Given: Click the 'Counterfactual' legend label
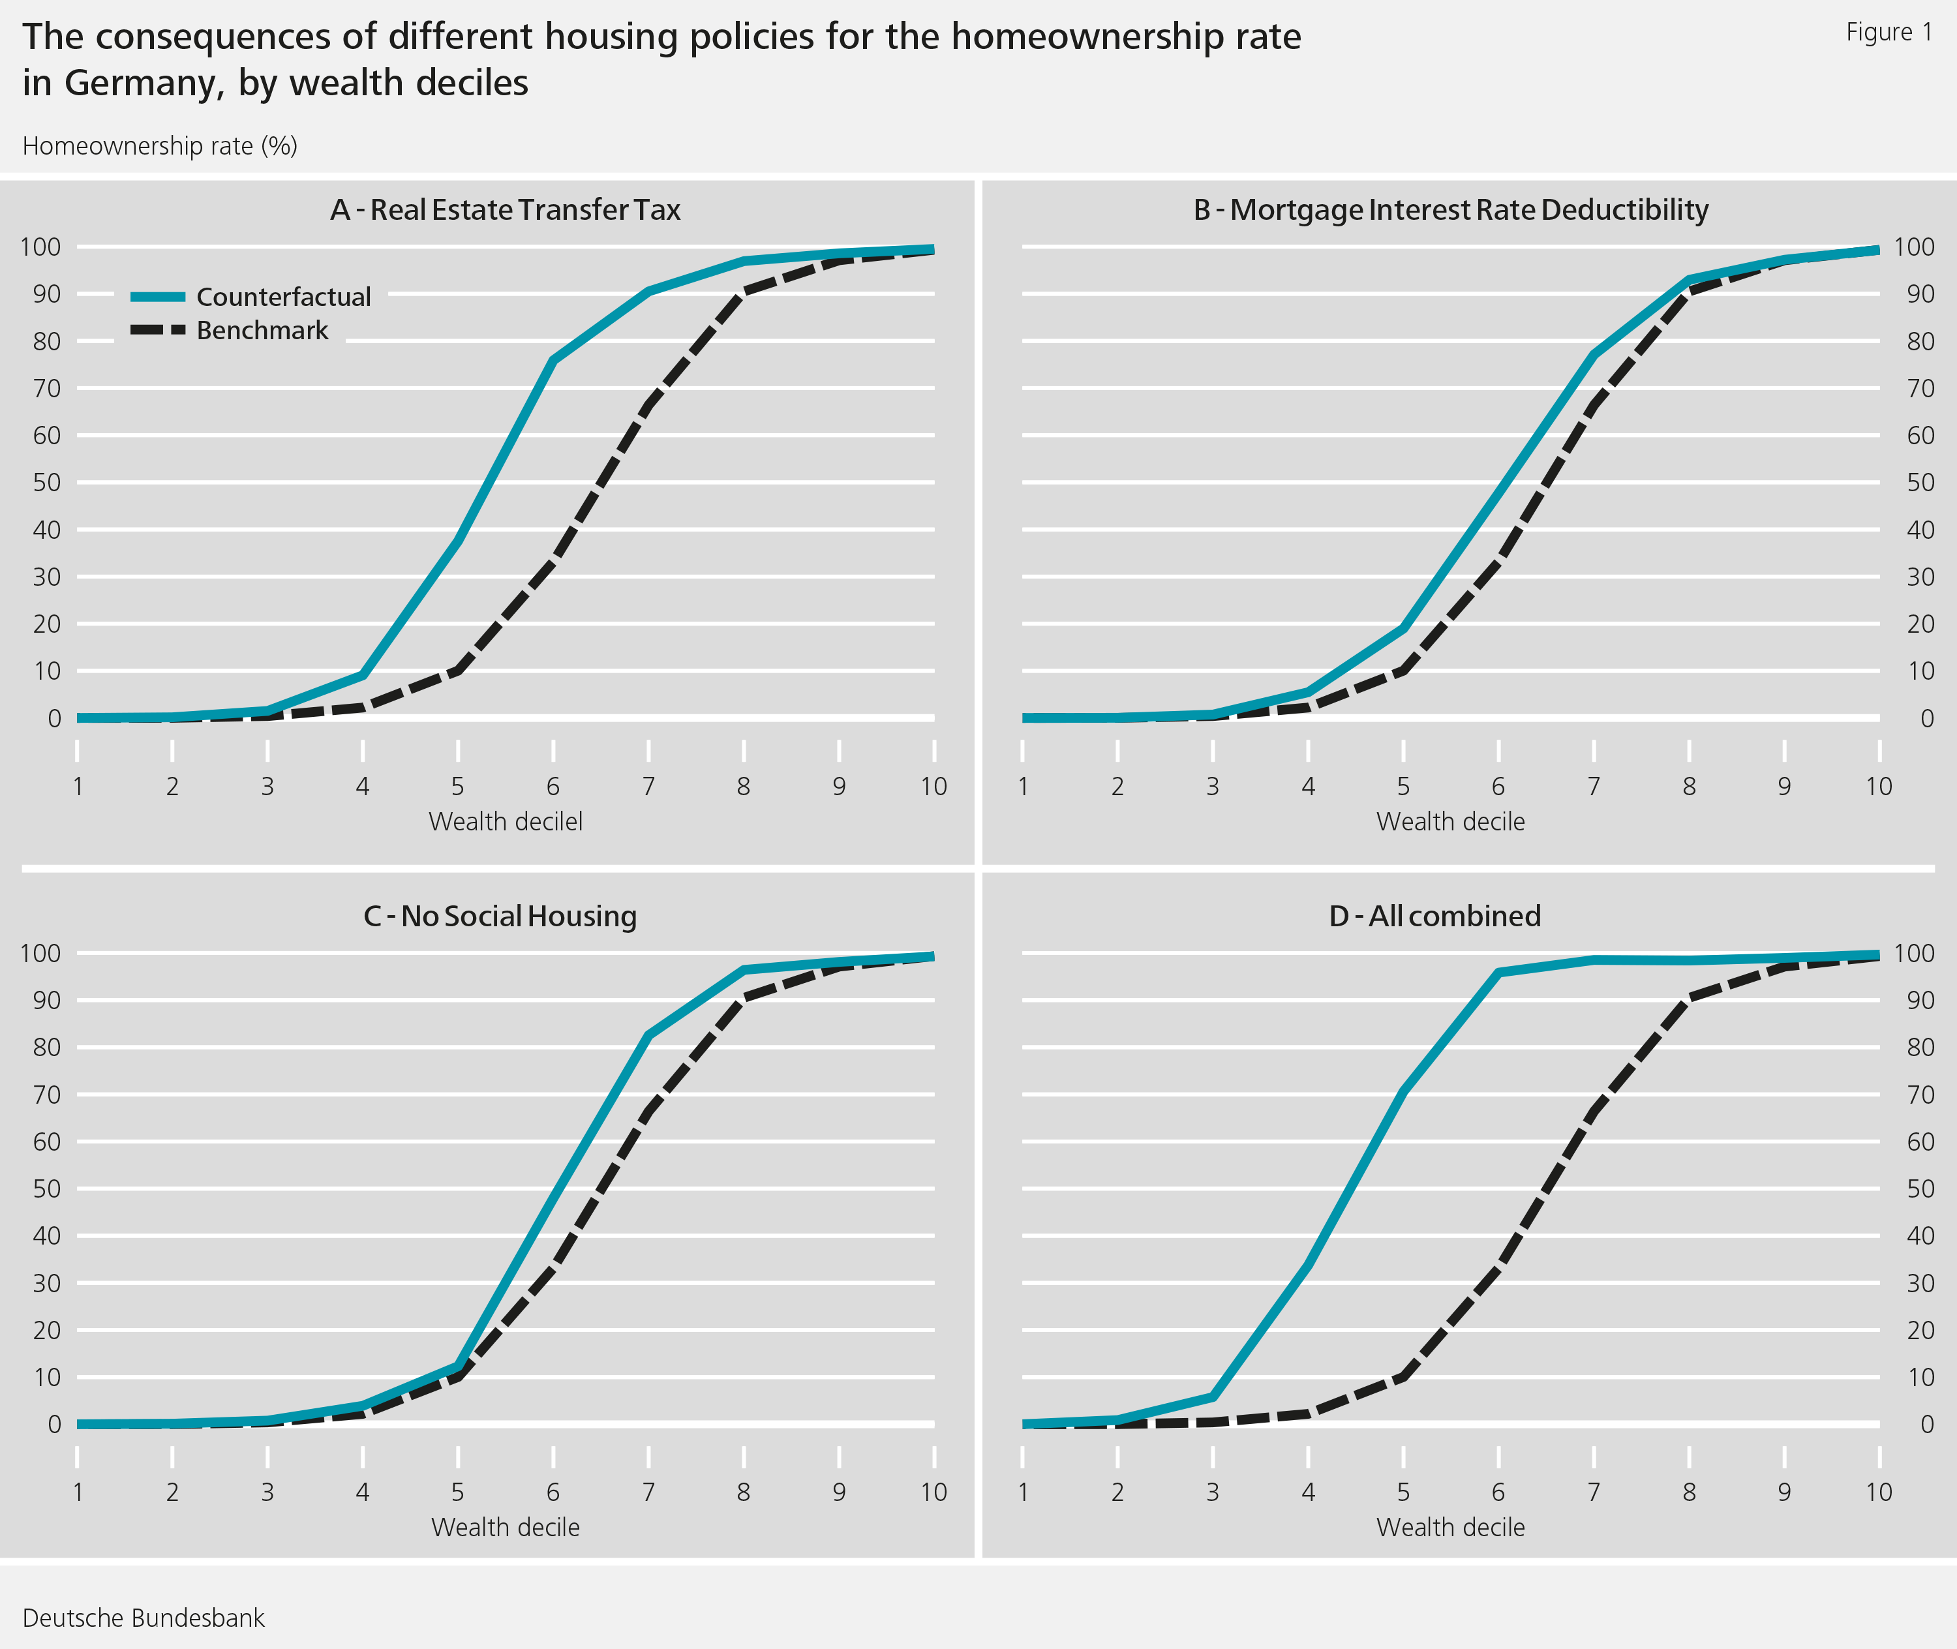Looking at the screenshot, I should pyautogui.click(x=282, y=297).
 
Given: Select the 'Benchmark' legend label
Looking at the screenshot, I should pyautogui.click(x=262, y=331).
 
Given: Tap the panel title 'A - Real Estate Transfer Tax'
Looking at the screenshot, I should pyautogui.click(x=505, y=209).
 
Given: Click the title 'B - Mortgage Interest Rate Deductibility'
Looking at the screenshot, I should pyautogui.click(x=1450, y=209).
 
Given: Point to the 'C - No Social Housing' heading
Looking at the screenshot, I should pyautogui.click(x=500, y=915).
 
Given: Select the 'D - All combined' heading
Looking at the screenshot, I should pyautogui.click(x=1434, y=915).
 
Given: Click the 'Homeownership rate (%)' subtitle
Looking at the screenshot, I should pyautogui.click(x=160, y=147).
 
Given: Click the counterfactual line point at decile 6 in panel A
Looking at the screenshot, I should pyautogui.click(x=553, y=360).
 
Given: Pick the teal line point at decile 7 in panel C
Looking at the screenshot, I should pyautogui.click(x=648, y=1035).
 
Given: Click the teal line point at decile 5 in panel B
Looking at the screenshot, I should pyautogui.click(x=1403, y=628).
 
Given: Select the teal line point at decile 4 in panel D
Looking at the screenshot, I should pyautogui.click(x=1307, y=1265).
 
